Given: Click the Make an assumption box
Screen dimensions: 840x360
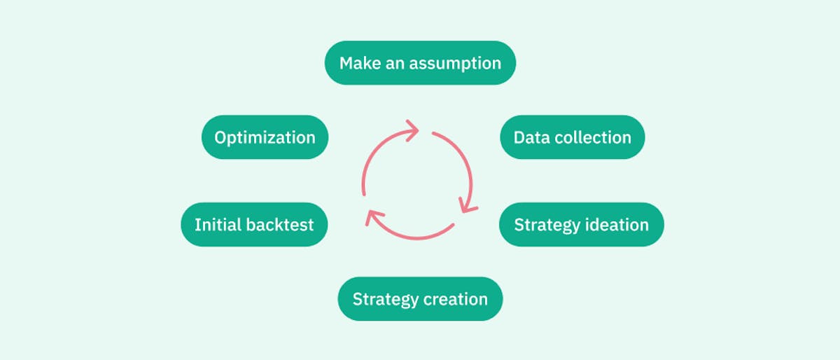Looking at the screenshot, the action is [x=420, y=63].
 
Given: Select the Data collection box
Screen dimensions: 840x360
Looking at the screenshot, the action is [x=573, y=137].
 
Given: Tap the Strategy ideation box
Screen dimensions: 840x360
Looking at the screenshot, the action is [x=581, y=225].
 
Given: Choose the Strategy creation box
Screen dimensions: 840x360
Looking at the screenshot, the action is [x=420, y=299].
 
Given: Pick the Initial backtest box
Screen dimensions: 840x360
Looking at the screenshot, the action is [x=254, y=225].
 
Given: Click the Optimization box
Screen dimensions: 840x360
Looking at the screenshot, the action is [x=265, y=137].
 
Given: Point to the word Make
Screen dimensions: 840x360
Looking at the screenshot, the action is [x=360, y=63].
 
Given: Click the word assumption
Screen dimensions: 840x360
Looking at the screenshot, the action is [x=455, y=64].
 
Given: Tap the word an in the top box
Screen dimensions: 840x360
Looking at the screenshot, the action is [x=395, y=64].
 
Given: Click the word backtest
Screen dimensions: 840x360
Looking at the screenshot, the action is [x=280, y=225].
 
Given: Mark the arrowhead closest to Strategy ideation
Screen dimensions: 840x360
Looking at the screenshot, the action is [x=468, y=206].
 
